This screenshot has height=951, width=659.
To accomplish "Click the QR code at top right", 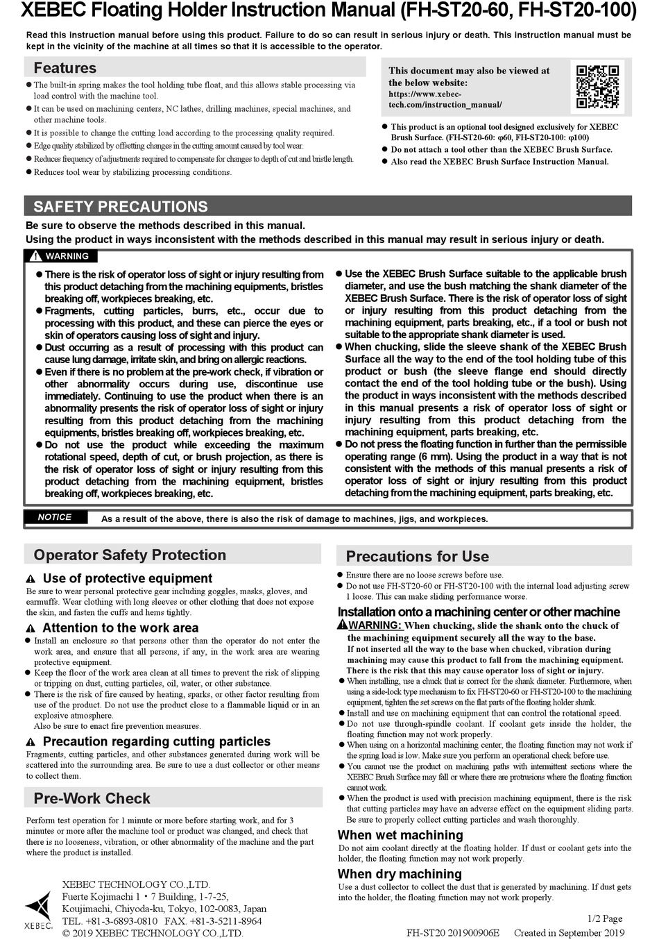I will click(x=597, y=87).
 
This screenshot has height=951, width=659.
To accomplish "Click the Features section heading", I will click(x=65, y=68).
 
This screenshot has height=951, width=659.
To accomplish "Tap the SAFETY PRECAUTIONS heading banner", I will click(x=121, y=206).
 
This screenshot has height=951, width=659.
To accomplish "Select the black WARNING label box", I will click(x=60, y=256).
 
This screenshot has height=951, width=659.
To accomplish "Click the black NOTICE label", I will click(x=55, y=517).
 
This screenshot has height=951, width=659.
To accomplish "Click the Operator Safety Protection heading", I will click(x=130, y=555).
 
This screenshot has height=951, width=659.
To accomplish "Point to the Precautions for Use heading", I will click(x=417, y=557).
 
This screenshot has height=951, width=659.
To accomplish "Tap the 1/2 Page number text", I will click(x=604, y=918).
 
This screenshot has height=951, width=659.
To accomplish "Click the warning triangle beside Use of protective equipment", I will click(x=31, y=580).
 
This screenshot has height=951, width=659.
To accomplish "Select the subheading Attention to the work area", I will click(x=120, y=628).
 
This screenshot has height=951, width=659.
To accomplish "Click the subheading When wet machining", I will click(x=400, y=835).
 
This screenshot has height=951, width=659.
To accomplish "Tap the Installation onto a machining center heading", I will click(x=479, y=612).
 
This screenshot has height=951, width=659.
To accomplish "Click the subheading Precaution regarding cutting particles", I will click(x=157, y=741).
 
